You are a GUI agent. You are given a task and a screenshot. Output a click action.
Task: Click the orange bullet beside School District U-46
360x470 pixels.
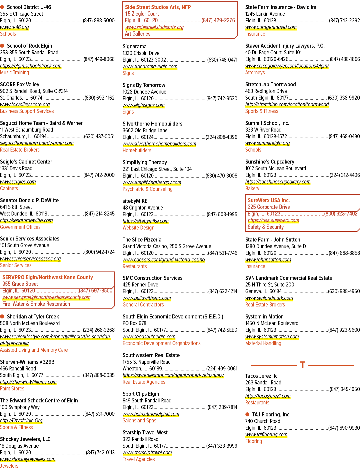pos(2,7)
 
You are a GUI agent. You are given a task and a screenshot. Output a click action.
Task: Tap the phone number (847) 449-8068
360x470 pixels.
pos(99,59)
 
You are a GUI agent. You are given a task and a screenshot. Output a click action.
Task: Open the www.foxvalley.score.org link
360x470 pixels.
pos(25,105)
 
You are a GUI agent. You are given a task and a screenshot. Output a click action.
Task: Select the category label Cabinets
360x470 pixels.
pos(9,189)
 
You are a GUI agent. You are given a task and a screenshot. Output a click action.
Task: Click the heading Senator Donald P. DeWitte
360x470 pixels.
pos(29,200)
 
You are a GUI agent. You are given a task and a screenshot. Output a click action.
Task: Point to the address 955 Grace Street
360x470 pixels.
pos(20,284)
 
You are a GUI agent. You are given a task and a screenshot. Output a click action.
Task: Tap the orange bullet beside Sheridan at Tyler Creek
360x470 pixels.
pos(2,316)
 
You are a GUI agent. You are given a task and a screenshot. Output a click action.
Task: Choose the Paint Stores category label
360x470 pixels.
pos(12,388)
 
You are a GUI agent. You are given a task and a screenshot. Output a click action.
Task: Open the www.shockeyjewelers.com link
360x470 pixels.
pos(28,459)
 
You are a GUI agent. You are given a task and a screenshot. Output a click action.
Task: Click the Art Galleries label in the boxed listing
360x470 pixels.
pos(138,34)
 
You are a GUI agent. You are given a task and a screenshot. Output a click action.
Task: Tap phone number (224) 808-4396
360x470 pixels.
pos(221,137)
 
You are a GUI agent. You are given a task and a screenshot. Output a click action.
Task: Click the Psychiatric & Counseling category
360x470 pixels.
pos(147,189)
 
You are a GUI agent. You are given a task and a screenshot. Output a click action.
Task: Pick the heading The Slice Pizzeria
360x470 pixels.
pos(142,239)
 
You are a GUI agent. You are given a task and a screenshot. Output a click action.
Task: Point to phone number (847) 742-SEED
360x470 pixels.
pos(222,330)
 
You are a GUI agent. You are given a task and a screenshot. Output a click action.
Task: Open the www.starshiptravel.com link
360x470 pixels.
pos(147,452)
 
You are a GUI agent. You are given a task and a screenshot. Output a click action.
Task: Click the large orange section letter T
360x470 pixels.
pos(303,365)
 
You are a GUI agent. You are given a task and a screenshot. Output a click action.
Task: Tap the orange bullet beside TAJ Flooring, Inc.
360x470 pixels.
pos(247,414)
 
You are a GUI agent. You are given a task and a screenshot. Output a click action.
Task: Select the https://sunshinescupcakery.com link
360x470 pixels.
pos(278,182)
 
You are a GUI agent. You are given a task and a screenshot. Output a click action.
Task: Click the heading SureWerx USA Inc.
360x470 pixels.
pos(269,200)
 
